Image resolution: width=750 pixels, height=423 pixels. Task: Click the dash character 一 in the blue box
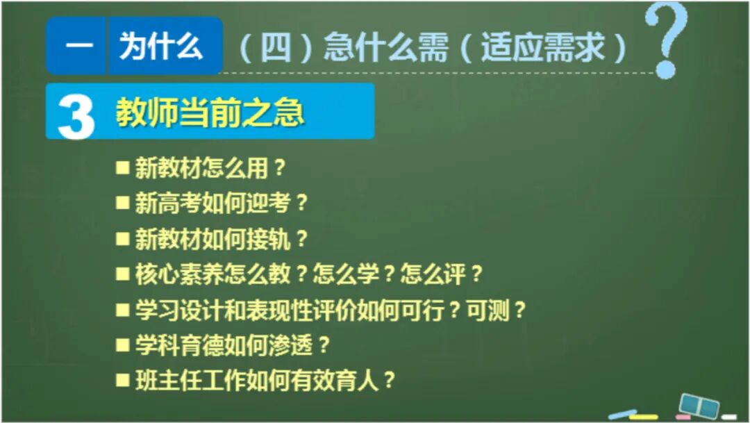pos(78,47)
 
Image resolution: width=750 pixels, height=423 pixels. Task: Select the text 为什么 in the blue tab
pos(161,47)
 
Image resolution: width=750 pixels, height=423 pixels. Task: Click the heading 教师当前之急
pos(210,113)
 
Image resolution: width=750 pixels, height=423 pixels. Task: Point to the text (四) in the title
pos(275,49)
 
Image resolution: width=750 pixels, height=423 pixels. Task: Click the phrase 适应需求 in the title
pos(543,49)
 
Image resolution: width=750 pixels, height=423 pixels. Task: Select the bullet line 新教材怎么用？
pos(210,168)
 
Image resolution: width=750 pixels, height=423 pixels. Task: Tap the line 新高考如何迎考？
pos(221,204)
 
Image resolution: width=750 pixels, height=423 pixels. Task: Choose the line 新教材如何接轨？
pos(221,239)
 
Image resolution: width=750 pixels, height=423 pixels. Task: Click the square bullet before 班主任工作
pos(123,379)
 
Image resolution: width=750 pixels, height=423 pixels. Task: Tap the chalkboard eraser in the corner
pos(697,405)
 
